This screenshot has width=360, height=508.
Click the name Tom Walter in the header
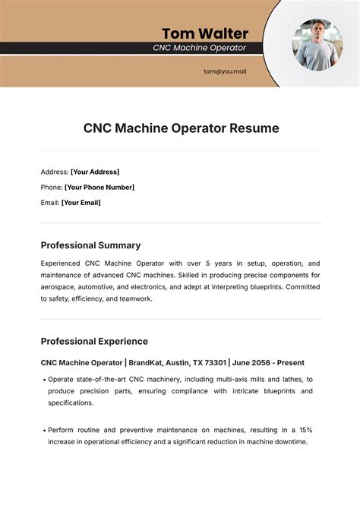click(204, 33)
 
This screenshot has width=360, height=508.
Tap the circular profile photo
click(317, 43)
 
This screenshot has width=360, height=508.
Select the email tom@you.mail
click(225, 71)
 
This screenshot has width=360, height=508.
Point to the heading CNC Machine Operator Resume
click(181, 128)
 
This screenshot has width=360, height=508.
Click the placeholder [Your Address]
click(95, 172)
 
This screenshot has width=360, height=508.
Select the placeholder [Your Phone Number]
click(99, 187)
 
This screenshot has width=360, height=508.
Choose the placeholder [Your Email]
click(81, 203)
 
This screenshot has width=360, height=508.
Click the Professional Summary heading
click(90, 245)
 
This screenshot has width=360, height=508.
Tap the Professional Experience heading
click(94, 341)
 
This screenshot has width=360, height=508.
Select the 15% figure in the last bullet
click(306, 431)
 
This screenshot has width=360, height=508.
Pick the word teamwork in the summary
click(135, 299)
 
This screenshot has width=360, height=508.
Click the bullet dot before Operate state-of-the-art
click(43, 379)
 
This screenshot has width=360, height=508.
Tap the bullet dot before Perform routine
click(43, 431)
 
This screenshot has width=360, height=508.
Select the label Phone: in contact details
click(52, 187)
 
